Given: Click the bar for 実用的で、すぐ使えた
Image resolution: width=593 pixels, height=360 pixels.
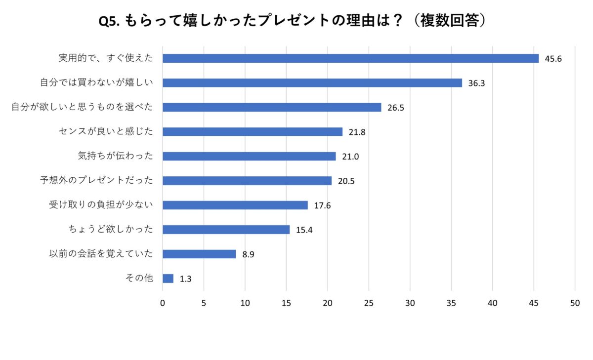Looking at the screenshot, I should point(350,58).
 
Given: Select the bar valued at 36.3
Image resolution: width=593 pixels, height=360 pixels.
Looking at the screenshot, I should point(312,83).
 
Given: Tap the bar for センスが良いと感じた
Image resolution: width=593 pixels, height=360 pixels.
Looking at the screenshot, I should point(253,132).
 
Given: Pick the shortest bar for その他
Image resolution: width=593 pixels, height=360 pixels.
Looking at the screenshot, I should point(168,279).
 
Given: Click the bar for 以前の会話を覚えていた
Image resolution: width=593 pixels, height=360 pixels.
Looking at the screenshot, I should point(199,254).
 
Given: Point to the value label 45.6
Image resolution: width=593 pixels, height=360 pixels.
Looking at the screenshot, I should point(553,59).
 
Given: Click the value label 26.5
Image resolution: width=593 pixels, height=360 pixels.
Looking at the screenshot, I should point(396,108).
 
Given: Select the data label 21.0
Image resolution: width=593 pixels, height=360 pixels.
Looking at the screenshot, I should point(350,157).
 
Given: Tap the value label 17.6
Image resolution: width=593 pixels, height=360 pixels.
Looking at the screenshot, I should point(322,205).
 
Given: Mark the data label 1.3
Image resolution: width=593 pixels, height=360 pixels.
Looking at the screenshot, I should point(185,279).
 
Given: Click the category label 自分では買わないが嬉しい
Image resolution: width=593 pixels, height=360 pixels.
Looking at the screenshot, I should point(96,83).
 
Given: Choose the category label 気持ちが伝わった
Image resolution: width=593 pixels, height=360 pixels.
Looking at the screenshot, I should point(115,156).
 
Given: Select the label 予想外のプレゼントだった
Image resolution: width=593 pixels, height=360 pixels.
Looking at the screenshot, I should point(96,181).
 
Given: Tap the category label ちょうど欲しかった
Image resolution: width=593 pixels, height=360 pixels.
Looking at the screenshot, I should point(110,230).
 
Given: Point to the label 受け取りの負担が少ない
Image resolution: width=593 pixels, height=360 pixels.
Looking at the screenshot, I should point(101,205).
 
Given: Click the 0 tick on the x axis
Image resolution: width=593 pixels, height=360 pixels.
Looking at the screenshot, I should point(163,304).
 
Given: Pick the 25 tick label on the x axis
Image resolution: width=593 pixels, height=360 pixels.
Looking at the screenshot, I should point(369,304).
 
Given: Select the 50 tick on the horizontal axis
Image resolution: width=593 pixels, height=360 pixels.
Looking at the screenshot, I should point(575,304).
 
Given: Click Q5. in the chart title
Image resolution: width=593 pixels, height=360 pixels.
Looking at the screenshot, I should point(110,21).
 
